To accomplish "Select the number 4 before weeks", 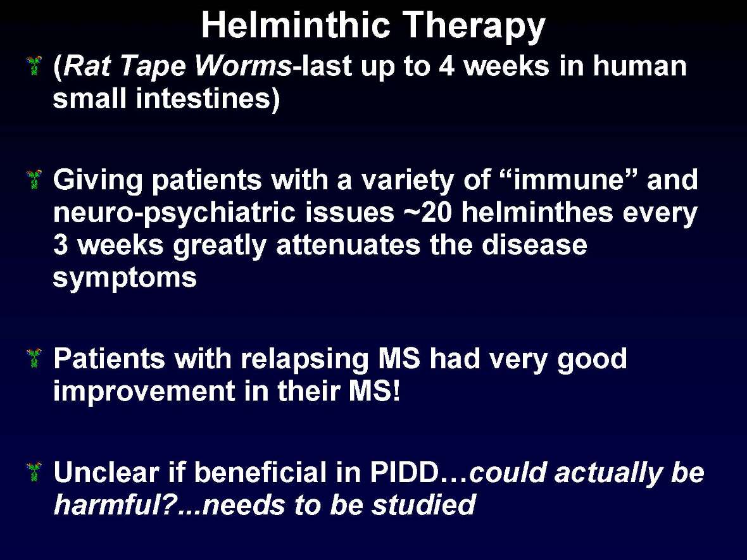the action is point(446,66).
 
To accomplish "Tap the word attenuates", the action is point(348,246).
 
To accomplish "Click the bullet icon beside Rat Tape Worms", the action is point(34,65).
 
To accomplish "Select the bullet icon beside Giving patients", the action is point(34,180).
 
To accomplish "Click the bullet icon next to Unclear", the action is point(34,473).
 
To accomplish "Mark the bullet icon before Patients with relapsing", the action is point(34,358).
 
